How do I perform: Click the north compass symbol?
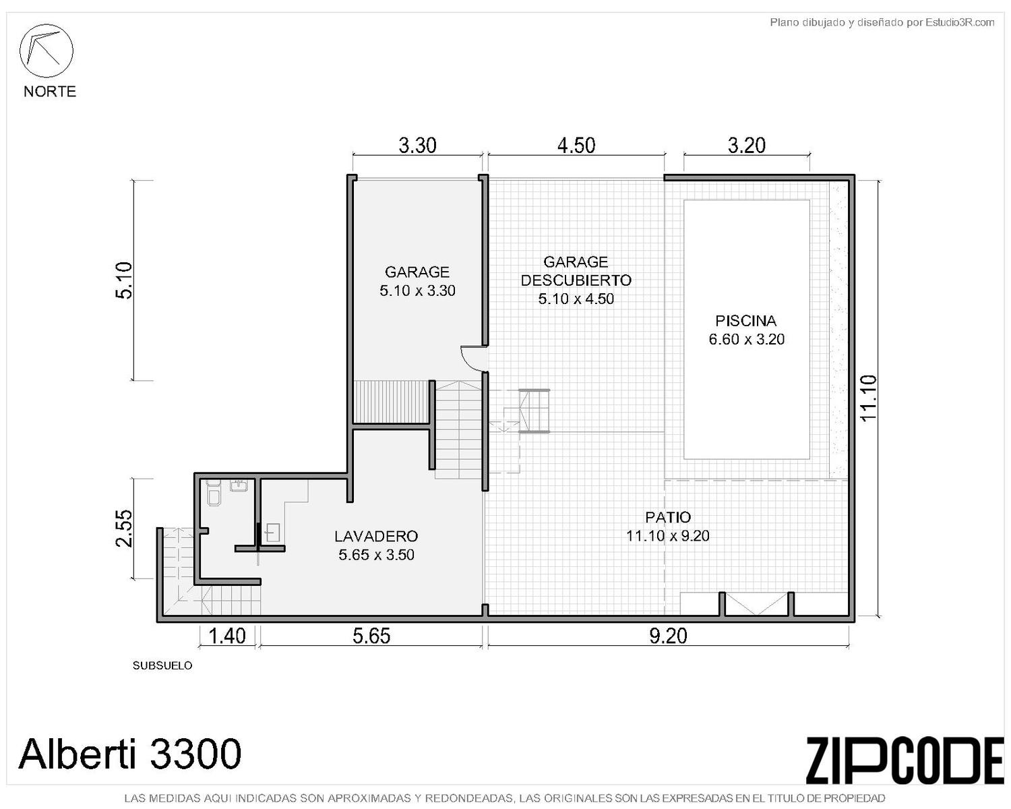[x=46, y=51]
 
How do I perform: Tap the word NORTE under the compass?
[x=50, y=92]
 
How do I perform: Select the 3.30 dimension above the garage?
[x=417, y=146]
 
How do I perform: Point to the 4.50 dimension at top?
[x=576, y=146]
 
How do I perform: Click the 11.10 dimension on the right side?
[x=869, y=398]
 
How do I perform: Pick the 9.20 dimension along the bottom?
[x=667, y=636]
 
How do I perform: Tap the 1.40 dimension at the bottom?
[x=227, y=636]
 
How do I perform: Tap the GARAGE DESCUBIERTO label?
[x=576, y=271]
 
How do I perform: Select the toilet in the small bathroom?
[x=214, y=492]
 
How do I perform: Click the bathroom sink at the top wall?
[x=239, y=485]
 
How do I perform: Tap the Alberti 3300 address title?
[x=129, y=754]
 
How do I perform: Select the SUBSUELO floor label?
[x=162, y=666]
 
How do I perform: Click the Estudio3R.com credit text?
[x=882, y=22]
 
